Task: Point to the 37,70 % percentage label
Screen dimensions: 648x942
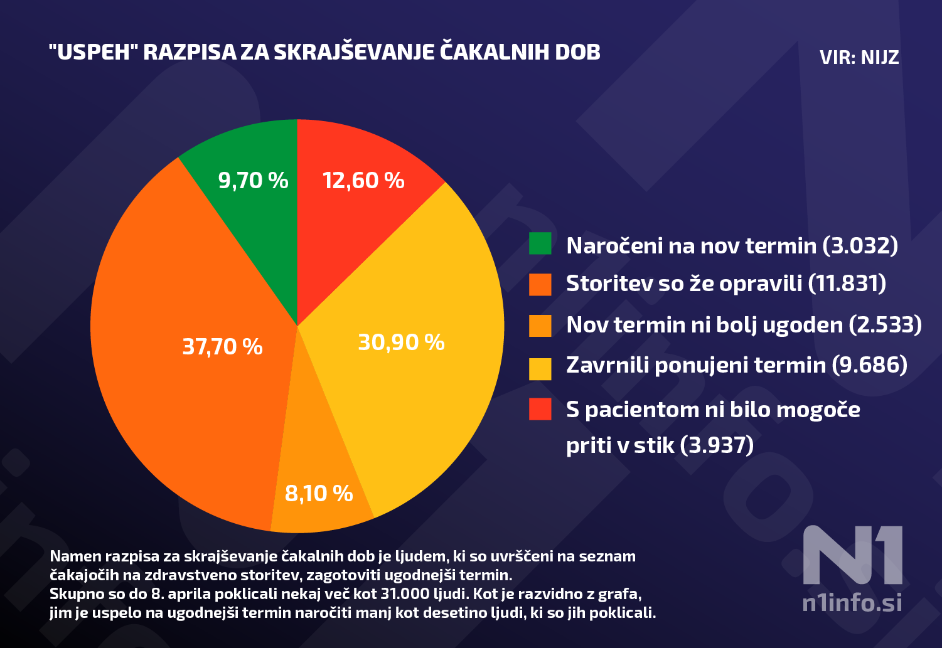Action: pos(222,347)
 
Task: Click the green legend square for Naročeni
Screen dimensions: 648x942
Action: pos(540,243)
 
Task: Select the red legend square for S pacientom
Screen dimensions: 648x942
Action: pos(540,409)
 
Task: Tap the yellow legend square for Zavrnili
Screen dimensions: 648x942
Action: pos(540,368)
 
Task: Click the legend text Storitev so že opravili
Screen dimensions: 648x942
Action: pos(684,284)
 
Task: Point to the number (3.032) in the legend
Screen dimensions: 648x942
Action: pos(860,245)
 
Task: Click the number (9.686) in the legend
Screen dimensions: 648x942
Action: pos(869,365)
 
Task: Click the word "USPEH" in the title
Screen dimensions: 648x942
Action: pos(94,52)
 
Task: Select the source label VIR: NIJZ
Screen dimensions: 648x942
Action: pos(859,58)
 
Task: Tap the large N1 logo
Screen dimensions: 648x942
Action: pos(852,555)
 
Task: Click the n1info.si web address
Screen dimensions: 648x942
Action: pos(852,603)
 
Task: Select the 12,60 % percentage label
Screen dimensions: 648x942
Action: pos(363,181)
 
